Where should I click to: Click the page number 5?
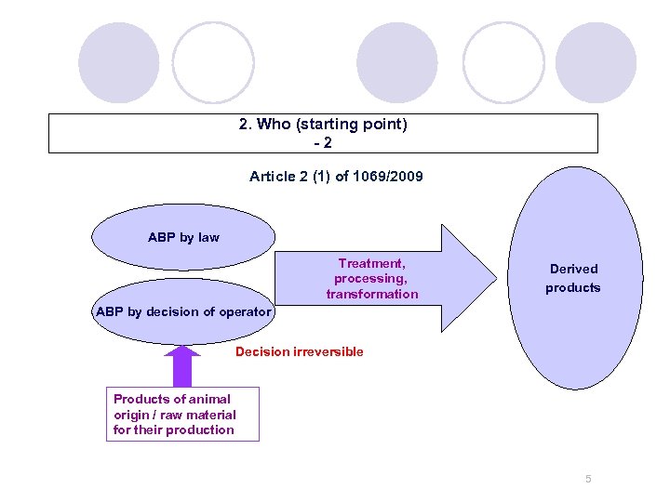[588, 479]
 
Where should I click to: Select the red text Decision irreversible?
[299, 351]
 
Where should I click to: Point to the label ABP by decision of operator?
[183, 311]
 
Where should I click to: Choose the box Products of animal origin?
[182, 415]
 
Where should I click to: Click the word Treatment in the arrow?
[371, 263]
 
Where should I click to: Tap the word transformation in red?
[372, 294]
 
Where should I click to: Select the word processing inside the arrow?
[371, 279]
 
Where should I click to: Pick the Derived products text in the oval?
[573, 278]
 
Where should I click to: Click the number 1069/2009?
[388, 176]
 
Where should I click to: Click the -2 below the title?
[323, 143]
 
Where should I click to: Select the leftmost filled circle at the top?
[118, 62]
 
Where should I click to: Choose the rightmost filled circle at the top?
[596, 62]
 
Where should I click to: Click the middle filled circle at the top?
[397, 62]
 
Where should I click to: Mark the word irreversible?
[328, 351]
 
